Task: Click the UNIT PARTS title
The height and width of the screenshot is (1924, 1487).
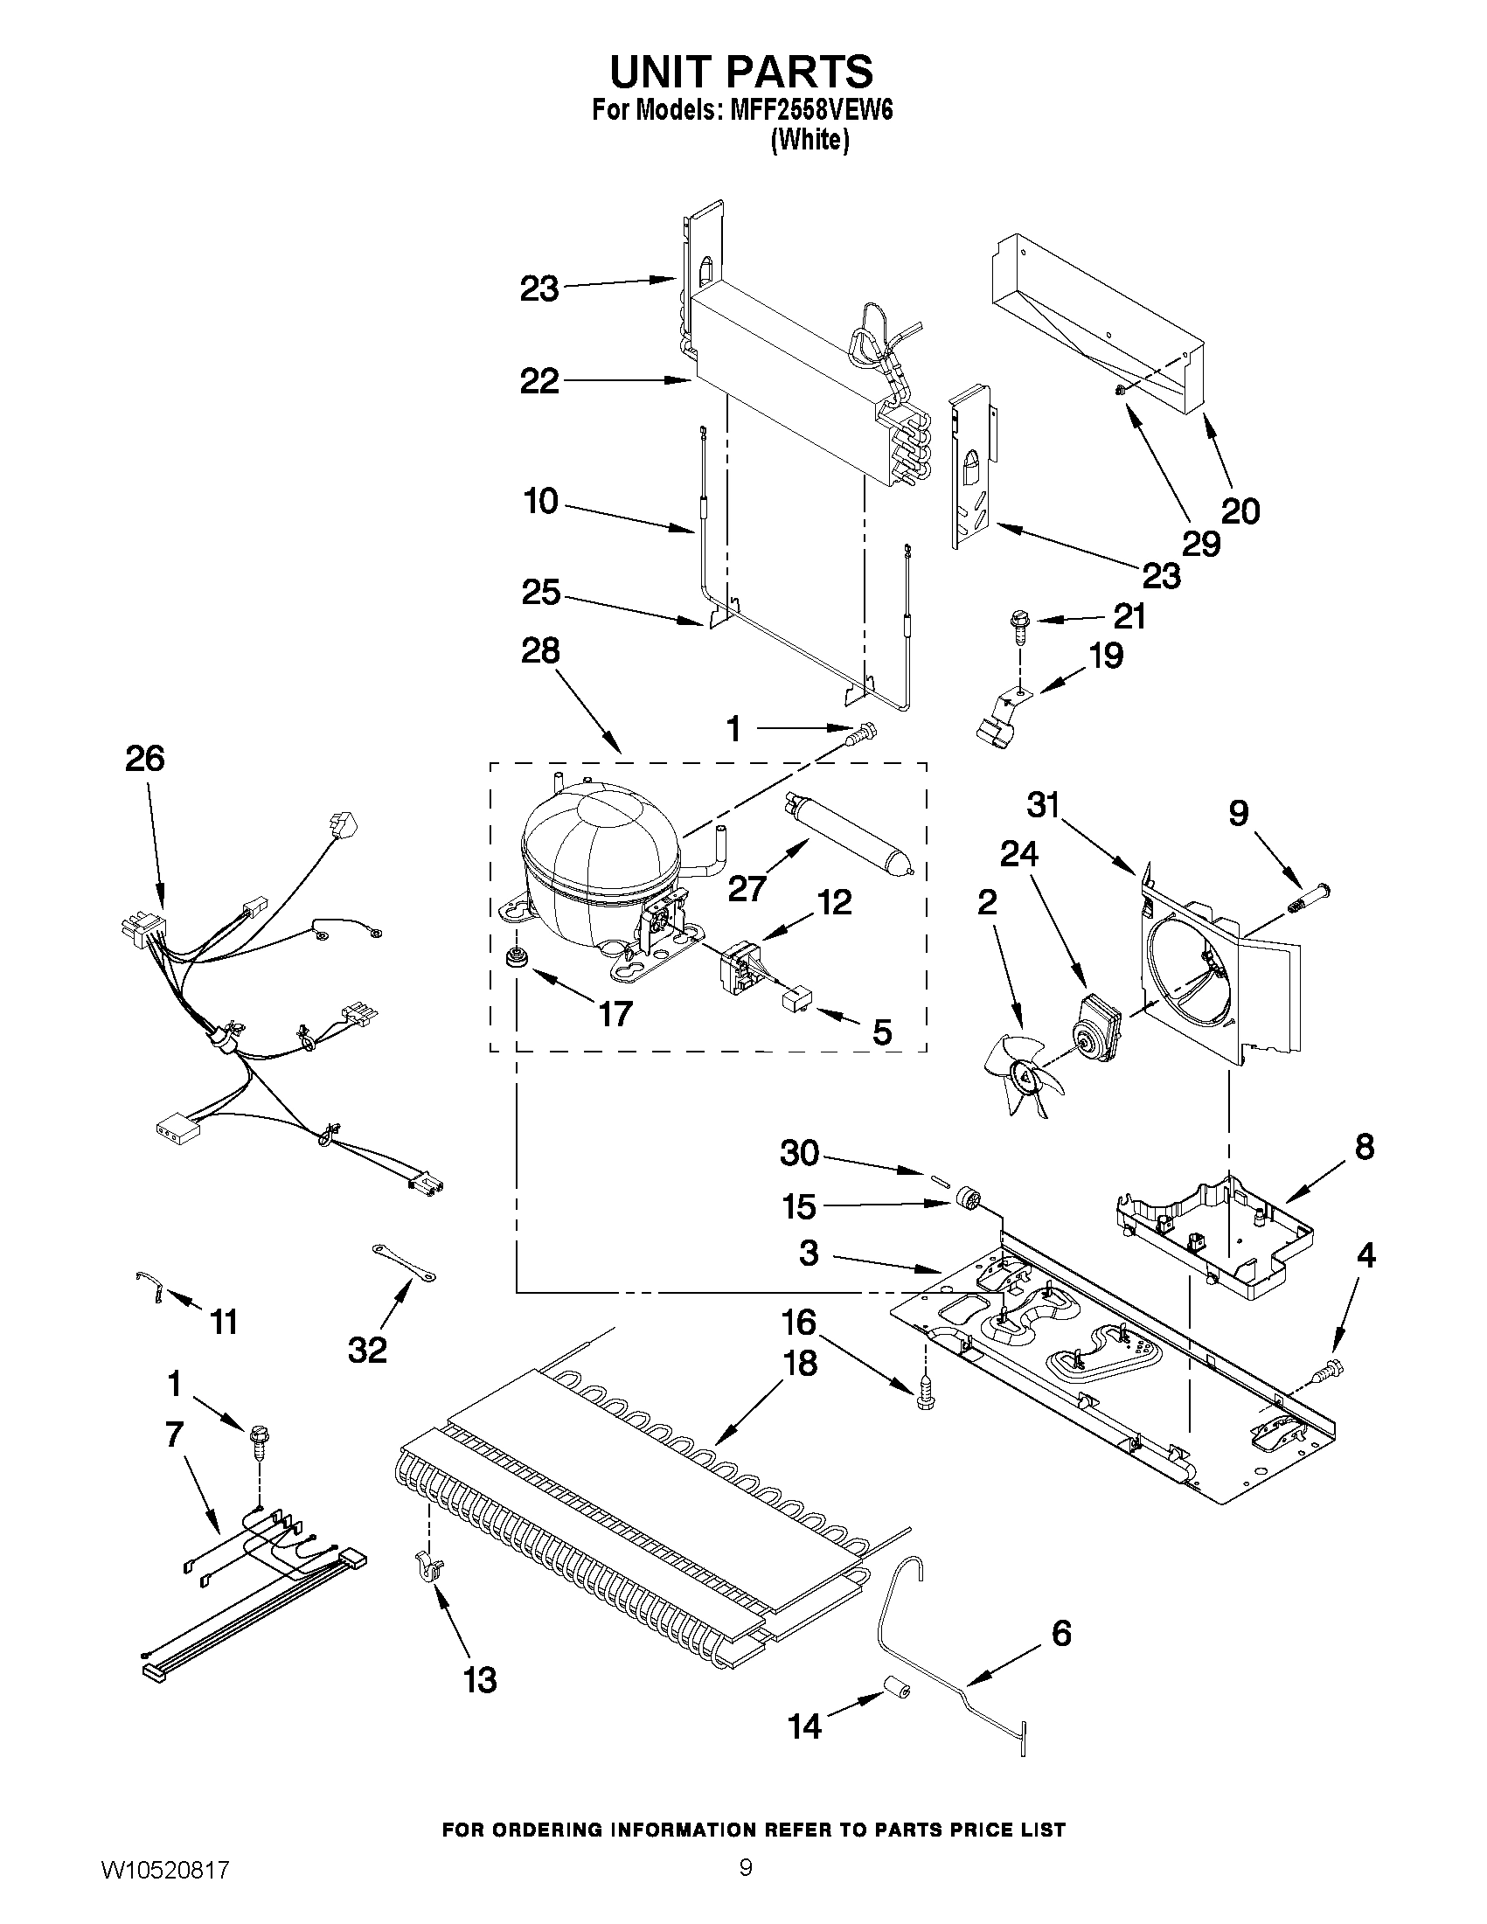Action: pos(741,72)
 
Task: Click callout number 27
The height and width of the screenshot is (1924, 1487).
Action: pos(747,888)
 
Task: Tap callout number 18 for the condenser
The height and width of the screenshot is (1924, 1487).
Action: pos(800,1363)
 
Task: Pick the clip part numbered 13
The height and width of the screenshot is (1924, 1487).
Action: pos(429,1568)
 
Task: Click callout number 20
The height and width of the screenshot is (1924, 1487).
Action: pos(1240,511)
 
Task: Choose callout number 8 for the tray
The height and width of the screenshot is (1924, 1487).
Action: pos(1364,1148)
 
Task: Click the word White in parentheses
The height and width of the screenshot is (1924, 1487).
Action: pos(810,141)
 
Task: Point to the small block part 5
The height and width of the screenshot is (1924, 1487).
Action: pos(798,999)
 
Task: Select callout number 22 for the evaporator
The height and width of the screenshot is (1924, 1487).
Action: pos(539,381)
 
